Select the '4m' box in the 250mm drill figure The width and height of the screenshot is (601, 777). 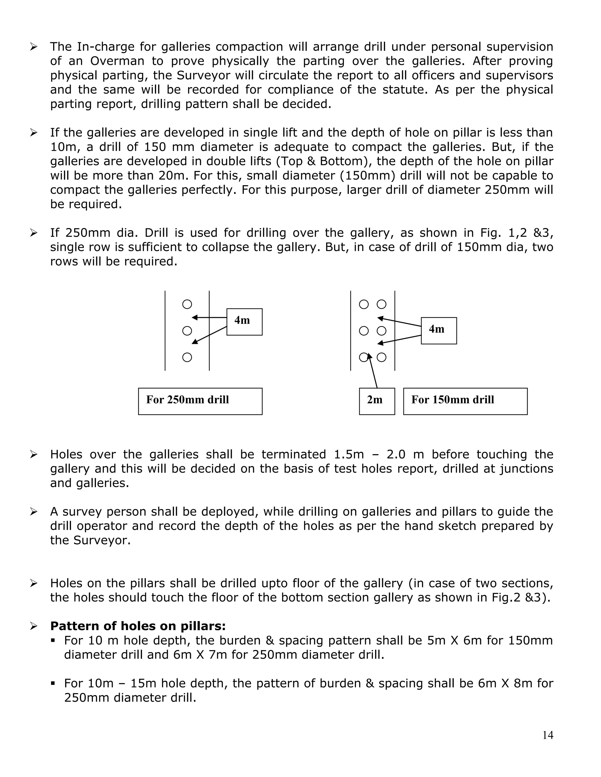pyautogui.click(x=244, y=322)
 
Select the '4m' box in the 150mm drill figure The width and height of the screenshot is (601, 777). pyautogui.click(x=439, y=330)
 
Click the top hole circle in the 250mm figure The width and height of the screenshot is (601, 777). pyautogui.click(x=187, y=304)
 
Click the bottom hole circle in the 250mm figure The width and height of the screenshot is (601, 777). pyautogui.click(x=187, y=357)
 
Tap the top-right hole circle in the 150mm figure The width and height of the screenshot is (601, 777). pyautogui.click(x=381, y=304)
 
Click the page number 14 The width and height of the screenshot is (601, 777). pyautogui.click(x=548, y=735)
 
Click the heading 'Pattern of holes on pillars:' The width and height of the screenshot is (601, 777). pyautogui.click(x=138, y=626)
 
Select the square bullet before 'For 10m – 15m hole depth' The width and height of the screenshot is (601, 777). pyautogui.click(x=53, y=683)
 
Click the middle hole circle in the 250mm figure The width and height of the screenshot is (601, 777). pyautogui.click(x=187, y=331)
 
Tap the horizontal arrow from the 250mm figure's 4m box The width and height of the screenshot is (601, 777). pyautogui.click(x=209, y=317)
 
